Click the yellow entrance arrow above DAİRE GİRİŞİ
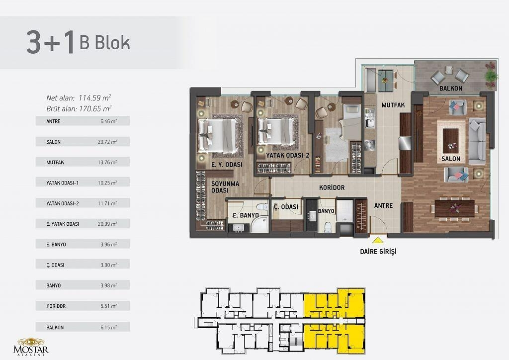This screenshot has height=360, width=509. [377, 241]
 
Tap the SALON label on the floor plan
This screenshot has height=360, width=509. [450, 159]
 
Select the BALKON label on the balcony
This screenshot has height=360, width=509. [451, 89]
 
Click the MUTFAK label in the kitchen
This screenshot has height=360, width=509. [393, 105]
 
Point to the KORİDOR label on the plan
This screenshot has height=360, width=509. [332, 187]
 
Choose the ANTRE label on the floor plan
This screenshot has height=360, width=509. [383, 205]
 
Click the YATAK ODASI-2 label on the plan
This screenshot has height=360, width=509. [288, 156]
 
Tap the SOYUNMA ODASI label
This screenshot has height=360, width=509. [225, 187]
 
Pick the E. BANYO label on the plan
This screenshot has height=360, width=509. [246, 215]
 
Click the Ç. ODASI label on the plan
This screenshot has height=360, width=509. [286, 207]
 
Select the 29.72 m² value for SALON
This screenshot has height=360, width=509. [107, 142]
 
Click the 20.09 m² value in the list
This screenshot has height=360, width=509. [107, 224]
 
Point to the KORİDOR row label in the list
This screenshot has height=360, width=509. [56, 306]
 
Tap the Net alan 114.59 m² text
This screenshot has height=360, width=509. [79, 98]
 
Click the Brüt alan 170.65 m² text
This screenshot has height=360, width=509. [79, 108]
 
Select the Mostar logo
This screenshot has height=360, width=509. [31, 347]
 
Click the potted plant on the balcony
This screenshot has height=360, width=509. [491, 75]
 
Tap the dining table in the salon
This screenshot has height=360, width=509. [454, 208]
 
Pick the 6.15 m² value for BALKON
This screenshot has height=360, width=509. [108, 328]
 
